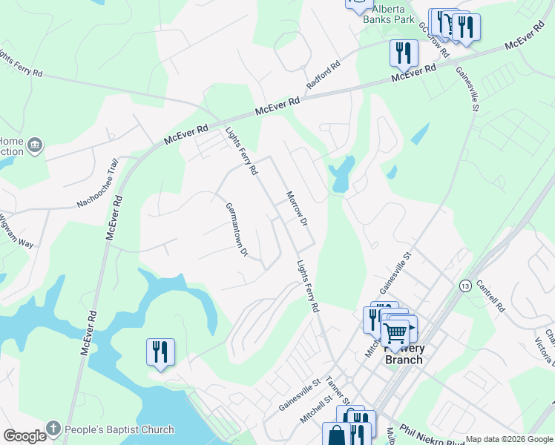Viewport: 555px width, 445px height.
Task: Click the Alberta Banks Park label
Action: click(388, 15)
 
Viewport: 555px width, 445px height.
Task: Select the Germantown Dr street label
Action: click(236, 229)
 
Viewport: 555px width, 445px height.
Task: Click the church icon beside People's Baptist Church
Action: click(53, 429)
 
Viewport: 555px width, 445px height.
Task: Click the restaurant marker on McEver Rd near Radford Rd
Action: click(404, 53)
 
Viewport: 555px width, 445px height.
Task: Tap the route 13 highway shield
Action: click(465, 286)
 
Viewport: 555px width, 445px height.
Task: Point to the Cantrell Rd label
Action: click(490, 295)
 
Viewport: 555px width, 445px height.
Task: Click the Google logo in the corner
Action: click(24, 436)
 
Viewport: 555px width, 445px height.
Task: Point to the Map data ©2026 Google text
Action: click(510, 439)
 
